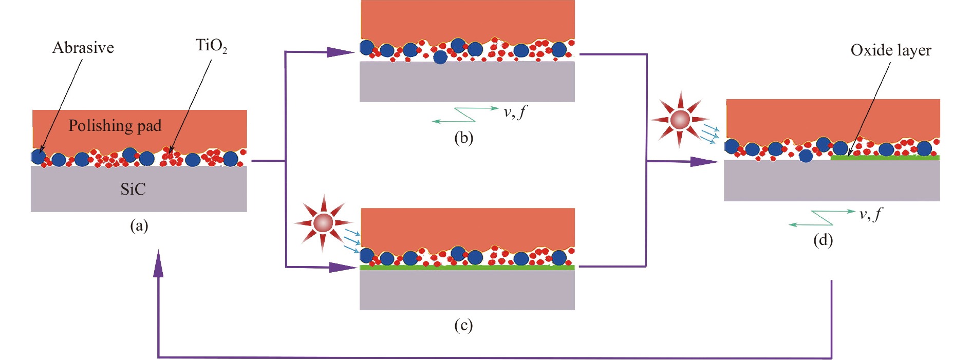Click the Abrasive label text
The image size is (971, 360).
point(83,48)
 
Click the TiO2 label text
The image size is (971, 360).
point(211,46)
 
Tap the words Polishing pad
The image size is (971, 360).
point(115,126)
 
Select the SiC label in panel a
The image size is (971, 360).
point(133,190)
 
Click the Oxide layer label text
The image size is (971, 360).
point(891,50)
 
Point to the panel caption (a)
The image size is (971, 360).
point(139,225)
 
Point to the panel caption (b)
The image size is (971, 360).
point(463,138)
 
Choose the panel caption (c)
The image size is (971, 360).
point(463,325)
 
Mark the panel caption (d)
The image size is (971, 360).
point(823,240)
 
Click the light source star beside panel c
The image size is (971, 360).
point(323,223)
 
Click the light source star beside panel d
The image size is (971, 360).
point(680,120)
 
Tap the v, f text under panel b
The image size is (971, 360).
point(515,112)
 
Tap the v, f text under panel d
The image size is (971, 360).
point(871,214)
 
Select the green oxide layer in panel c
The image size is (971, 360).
point(466,268)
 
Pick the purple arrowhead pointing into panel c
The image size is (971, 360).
point(341,267)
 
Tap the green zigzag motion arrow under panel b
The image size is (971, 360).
point(465,115)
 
